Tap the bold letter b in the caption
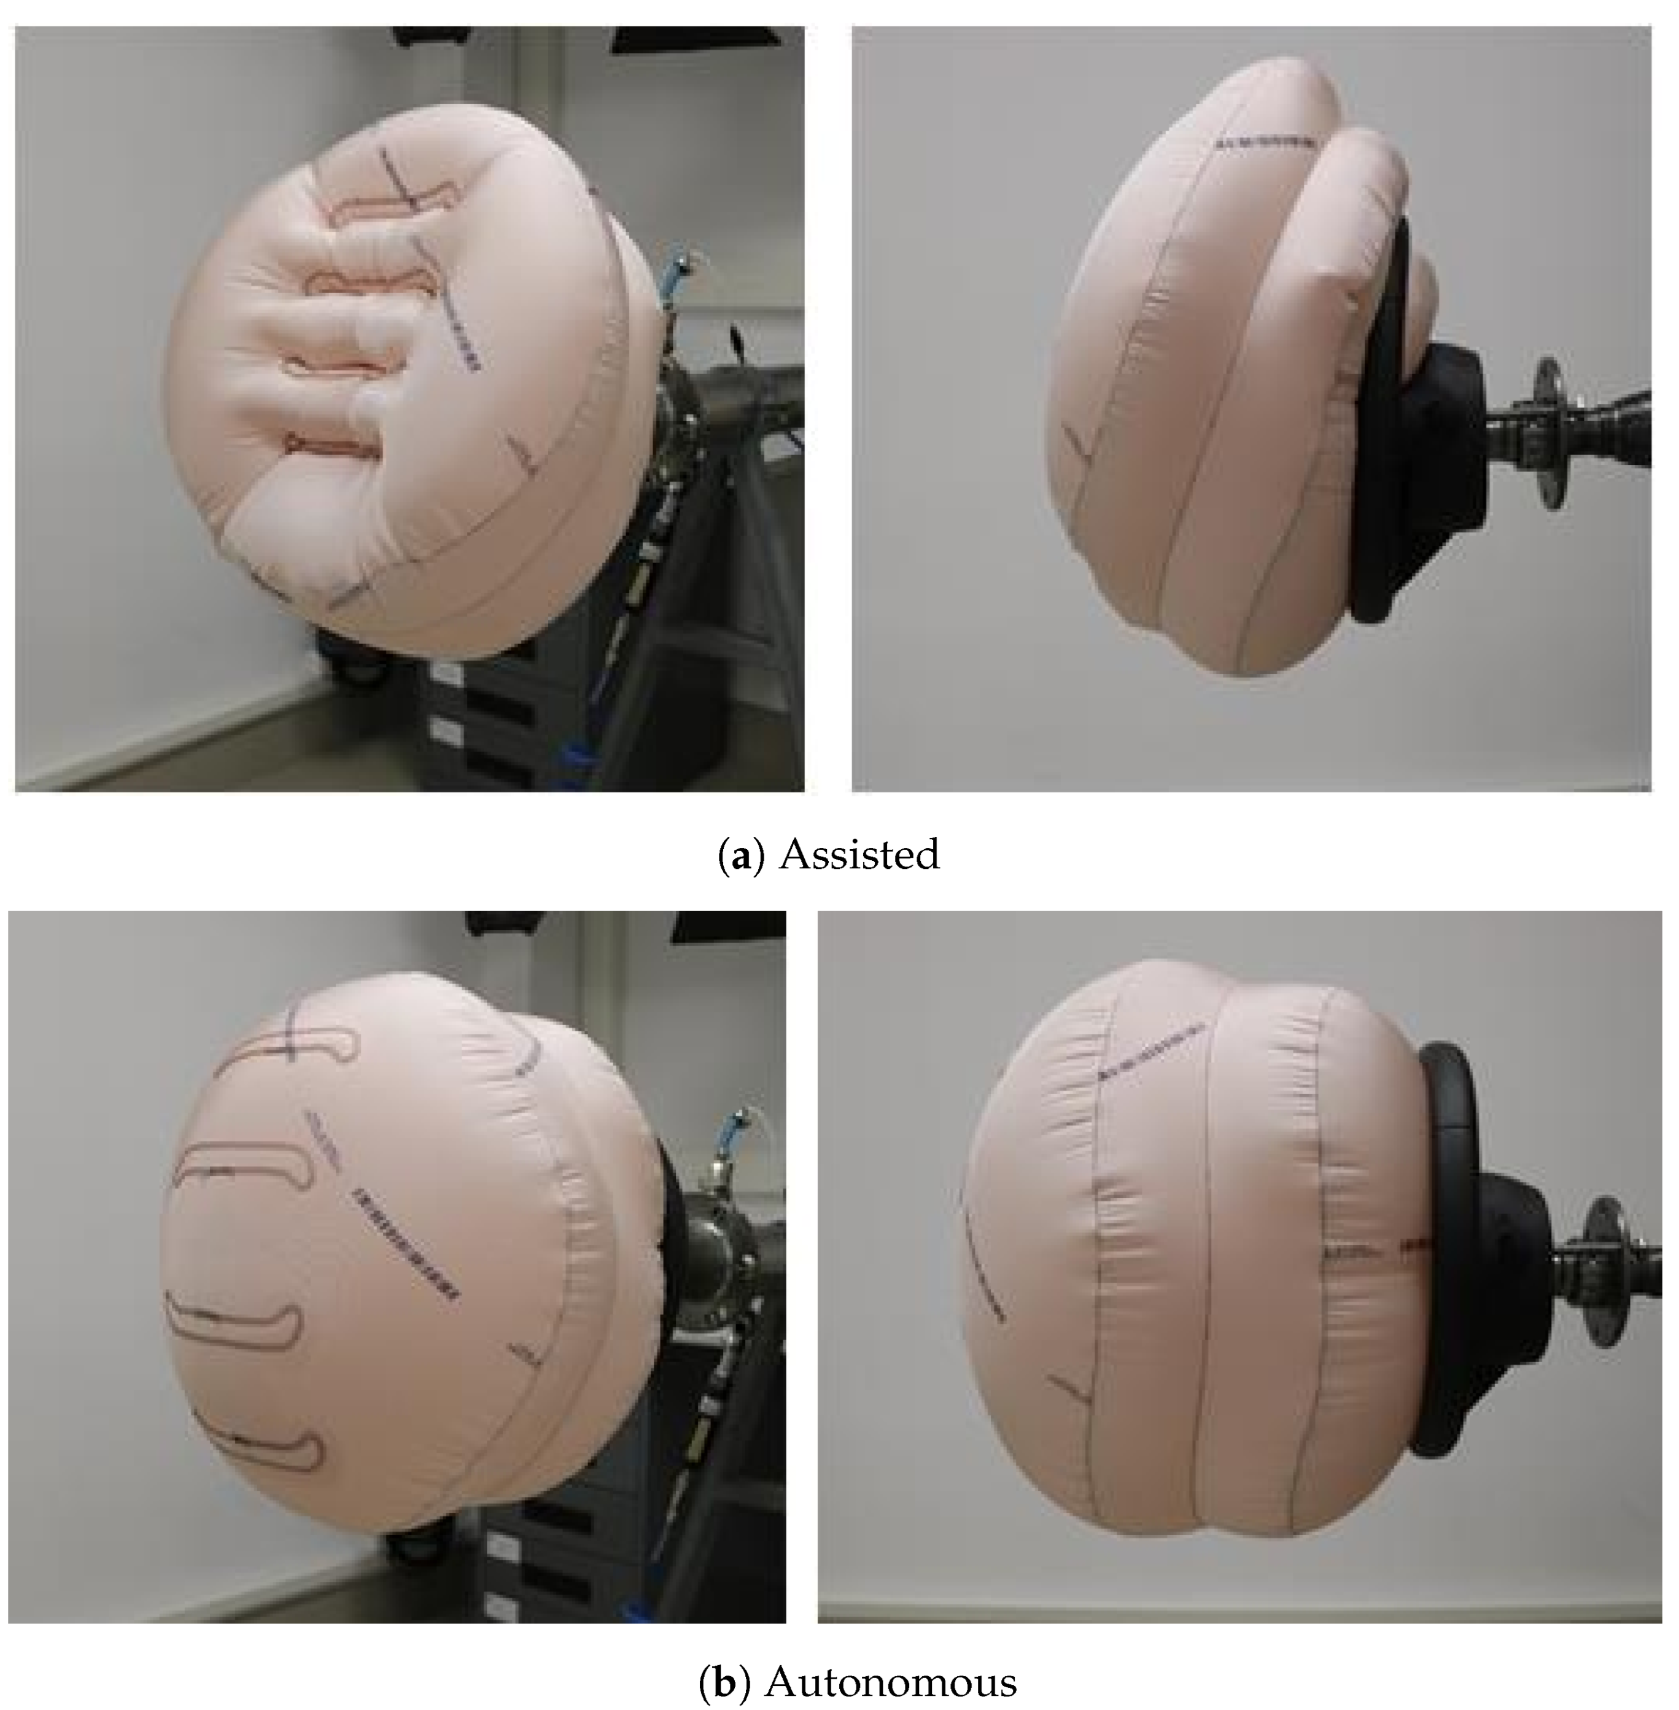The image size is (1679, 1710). [724, 1682]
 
